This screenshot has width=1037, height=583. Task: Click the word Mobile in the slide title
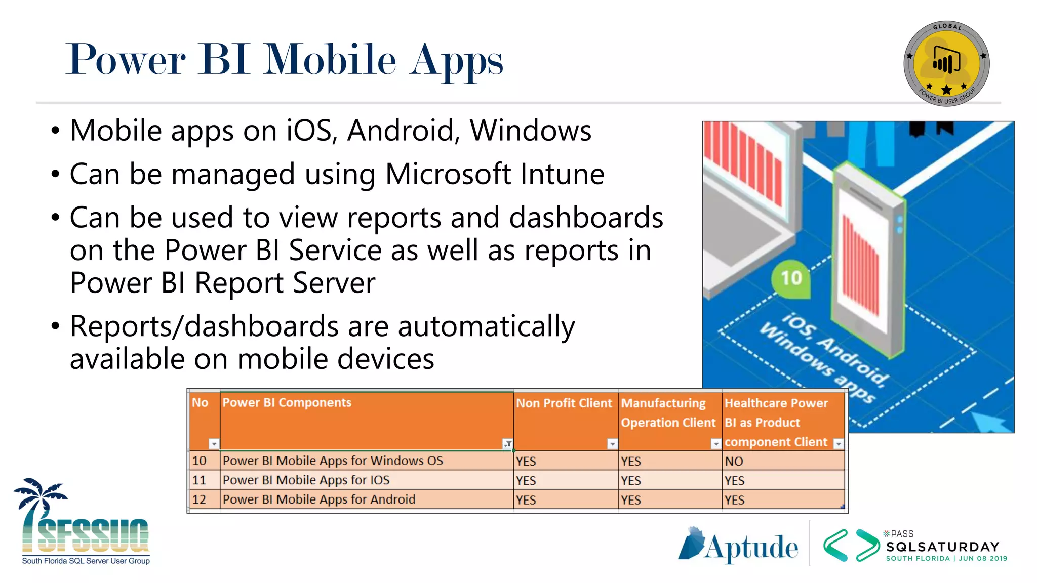pos(331,60)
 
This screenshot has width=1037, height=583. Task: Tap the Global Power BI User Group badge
pos(946,63)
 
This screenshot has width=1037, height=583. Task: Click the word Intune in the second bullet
pos(563,174)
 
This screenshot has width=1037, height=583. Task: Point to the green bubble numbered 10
pos(791,278)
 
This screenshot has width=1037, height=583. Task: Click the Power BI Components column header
pos(287,403)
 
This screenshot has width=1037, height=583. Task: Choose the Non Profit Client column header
pos(564,403)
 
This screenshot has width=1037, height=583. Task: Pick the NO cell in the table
pos(734,461)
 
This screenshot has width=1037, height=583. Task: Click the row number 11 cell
pos(200,480)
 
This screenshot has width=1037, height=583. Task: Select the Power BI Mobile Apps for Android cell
pos(319,499)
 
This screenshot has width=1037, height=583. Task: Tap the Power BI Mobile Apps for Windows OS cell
pos(333,461)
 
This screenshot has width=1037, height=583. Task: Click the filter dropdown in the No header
pos(214,444)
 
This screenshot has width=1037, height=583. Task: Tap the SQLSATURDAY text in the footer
pos(943,547)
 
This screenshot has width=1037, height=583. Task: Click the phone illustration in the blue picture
pos(868,263)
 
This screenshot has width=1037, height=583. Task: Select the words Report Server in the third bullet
pos(285,283)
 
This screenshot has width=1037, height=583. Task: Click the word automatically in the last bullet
pos(486,326)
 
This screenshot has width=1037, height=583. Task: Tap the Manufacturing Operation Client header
pos(668,412)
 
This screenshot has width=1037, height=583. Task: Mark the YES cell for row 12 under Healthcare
pos(734,500)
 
